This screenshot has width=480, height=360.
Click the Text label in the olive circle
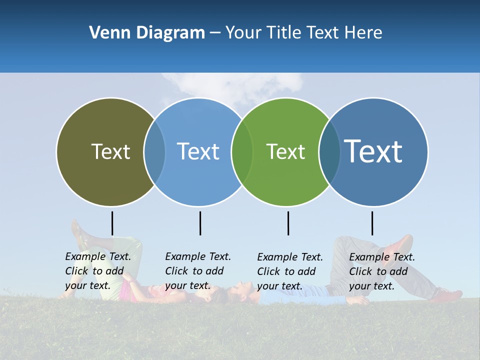110,151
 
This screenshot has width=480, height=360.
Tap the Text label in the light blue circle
198,151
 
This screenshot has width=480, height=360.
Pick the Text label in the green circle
285,151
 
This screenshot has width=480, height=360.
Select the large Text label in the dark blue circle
373,151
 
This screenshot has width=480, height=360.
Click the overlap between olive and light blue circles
154,152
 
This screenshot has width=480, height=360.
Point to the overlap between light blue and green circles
242,152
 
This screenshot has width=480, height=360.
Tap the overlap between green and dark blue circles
329,152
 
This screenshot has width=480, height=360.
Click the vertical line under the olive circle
112,223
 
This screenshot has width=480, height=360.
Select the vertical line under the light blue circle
200,223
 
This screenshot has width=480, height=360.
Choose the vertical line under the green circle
288,223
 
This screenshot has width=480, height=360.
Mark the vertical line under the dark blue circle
372,223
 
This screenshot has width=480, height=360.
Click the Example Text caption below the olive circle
98,271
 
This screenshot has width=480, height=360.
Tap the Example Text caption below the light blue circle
198,271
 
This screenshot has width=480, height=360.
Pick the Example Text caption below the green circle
290,271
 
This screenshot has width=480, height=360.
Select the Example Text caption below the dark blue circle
382,271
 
